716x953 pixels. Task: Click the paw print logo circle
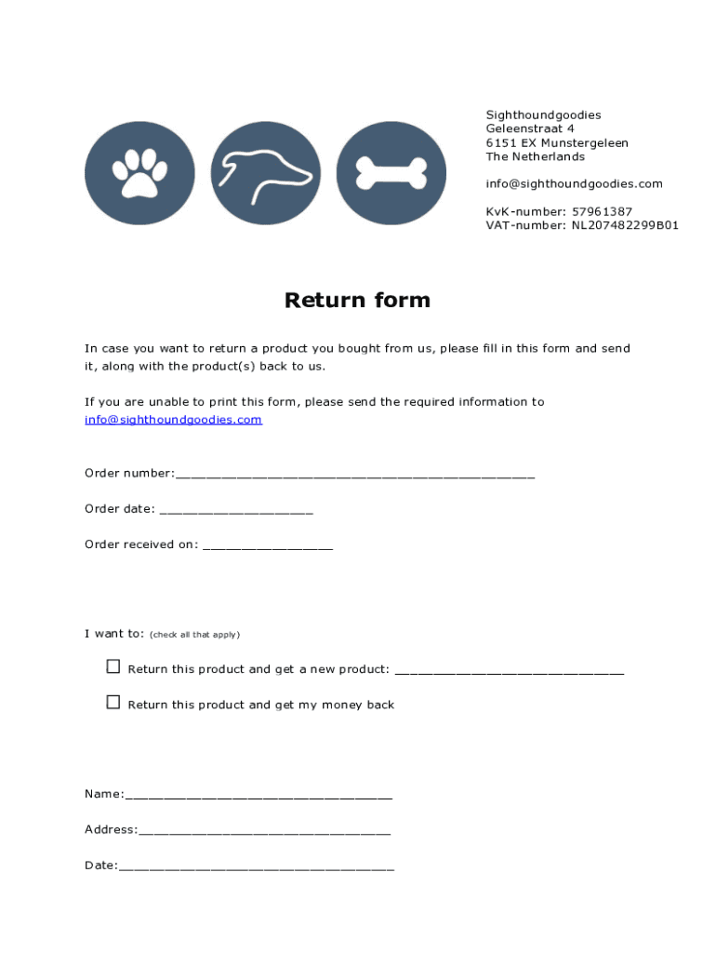[139, 173]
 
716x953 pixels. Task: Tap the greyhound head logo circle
[266, 173]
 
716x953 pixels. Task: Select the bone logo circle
[391, 173]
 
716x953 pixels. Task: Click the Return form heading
[357, 300]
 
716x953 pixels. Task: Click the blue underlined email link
[173, 420]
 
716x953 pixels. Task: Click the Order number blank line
[354, 475]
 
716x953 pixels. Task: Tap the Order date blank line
[236, 511]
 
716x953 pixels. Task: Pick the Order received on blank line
[268, 546]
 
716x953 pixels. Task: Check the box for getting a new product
[113, 666]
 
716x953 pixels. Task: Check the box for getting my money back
[113, 702]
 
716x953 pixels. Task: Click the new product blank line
[510, 670]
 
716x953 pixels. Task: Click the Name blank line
[259, 796]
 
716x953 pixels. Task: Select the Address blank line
[264, 831]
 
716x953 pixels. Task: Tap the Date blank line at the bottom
[257, 867]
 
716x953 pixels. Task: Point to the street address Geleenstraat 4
[530, 128]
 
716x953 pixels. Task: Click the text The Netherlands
[536, 156]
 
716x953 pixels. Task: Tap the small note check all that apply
[194, 635]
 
